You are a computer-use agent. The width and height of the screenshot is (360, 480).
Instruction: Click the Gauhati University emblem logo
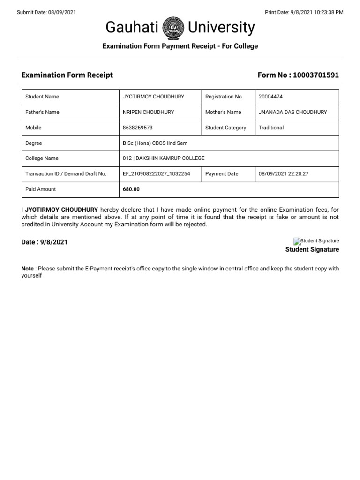pyautogui.click(x=173, y=28)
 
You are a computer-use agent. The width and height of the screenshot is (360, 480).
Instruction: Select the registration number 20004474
pyautogui.click(x=270, y=97)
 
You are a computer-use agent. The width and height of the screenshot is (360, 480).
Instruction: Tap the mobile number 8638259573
pyautogui.click(x=137, y=127)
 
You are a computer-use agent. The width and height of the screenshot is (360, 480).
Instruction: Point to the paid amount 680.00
pyautogui.click(x=131, y=189)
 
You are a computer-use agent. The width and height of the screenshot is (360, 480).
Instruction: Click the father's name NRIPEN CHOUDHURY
pyautogui.click(x=148, y=112)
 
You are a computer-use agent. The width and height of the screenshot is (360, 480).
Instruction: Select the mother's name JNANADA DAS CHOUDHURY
pyautogui.click(x=292, y=112)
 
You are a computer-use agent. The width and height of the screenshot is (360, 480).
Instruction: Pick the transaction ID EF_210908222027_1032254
pyautogui.click(x=156, y=173)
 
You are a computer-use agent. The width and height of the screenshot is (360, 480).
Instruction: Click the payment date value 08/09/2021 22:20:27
pyautogui.click(x=283, y=173)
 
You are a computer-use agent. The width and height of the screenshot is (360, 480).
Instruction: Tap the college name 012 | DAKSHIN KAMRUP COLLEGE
pyautogui.click(x=163, y=158)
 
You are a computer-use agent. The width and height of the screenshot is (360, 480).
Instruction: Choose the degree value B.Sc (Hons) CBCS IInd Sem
pyautogui.click(x=155, y=143)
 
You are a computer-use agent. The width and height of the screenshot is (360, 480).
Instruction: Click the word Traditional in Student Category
pyautogui.click(x=271, y=127)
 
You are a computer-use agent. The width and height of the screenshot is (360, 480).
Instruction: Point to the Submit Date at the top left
pyautogui.click(x=46, y=12)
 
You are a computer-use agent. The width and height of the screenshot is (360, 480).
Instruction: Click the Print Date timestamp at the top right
pyautogui.click(x=304, y=12)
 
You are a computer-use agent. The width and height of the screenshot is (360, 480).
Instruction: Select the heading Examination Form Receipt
pyautogui.click(x=67, y=75)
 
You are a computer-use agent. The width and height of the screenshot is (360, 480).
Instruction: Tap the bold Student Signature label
pyautogui.click(x=312, y=249)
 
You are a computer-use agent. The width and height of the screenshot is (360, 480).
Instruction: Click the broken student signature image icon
pyautogui.click(x=297, y=241)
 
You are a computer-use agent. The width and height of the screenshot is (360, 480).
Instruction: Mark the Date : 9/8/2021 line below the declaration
pyautogui.click(x=45, y=242)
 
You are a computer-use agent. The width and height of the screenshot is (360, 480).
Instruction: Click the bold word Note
pyautogui.click(x=28, y=269)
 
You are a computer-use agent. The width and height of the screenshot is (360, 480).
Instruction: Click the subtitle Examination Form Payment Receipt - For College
pyautogui.click(x=180, y=46)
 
